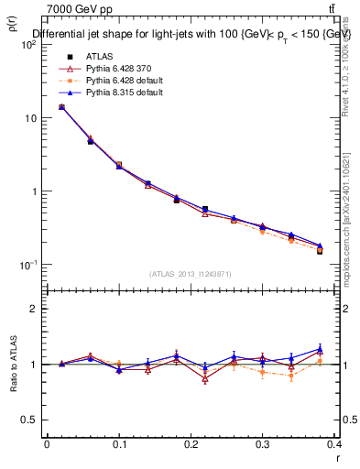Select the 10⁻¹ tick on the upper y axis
click(27, 265)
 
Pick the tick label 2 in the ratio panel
click(34, 309)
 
